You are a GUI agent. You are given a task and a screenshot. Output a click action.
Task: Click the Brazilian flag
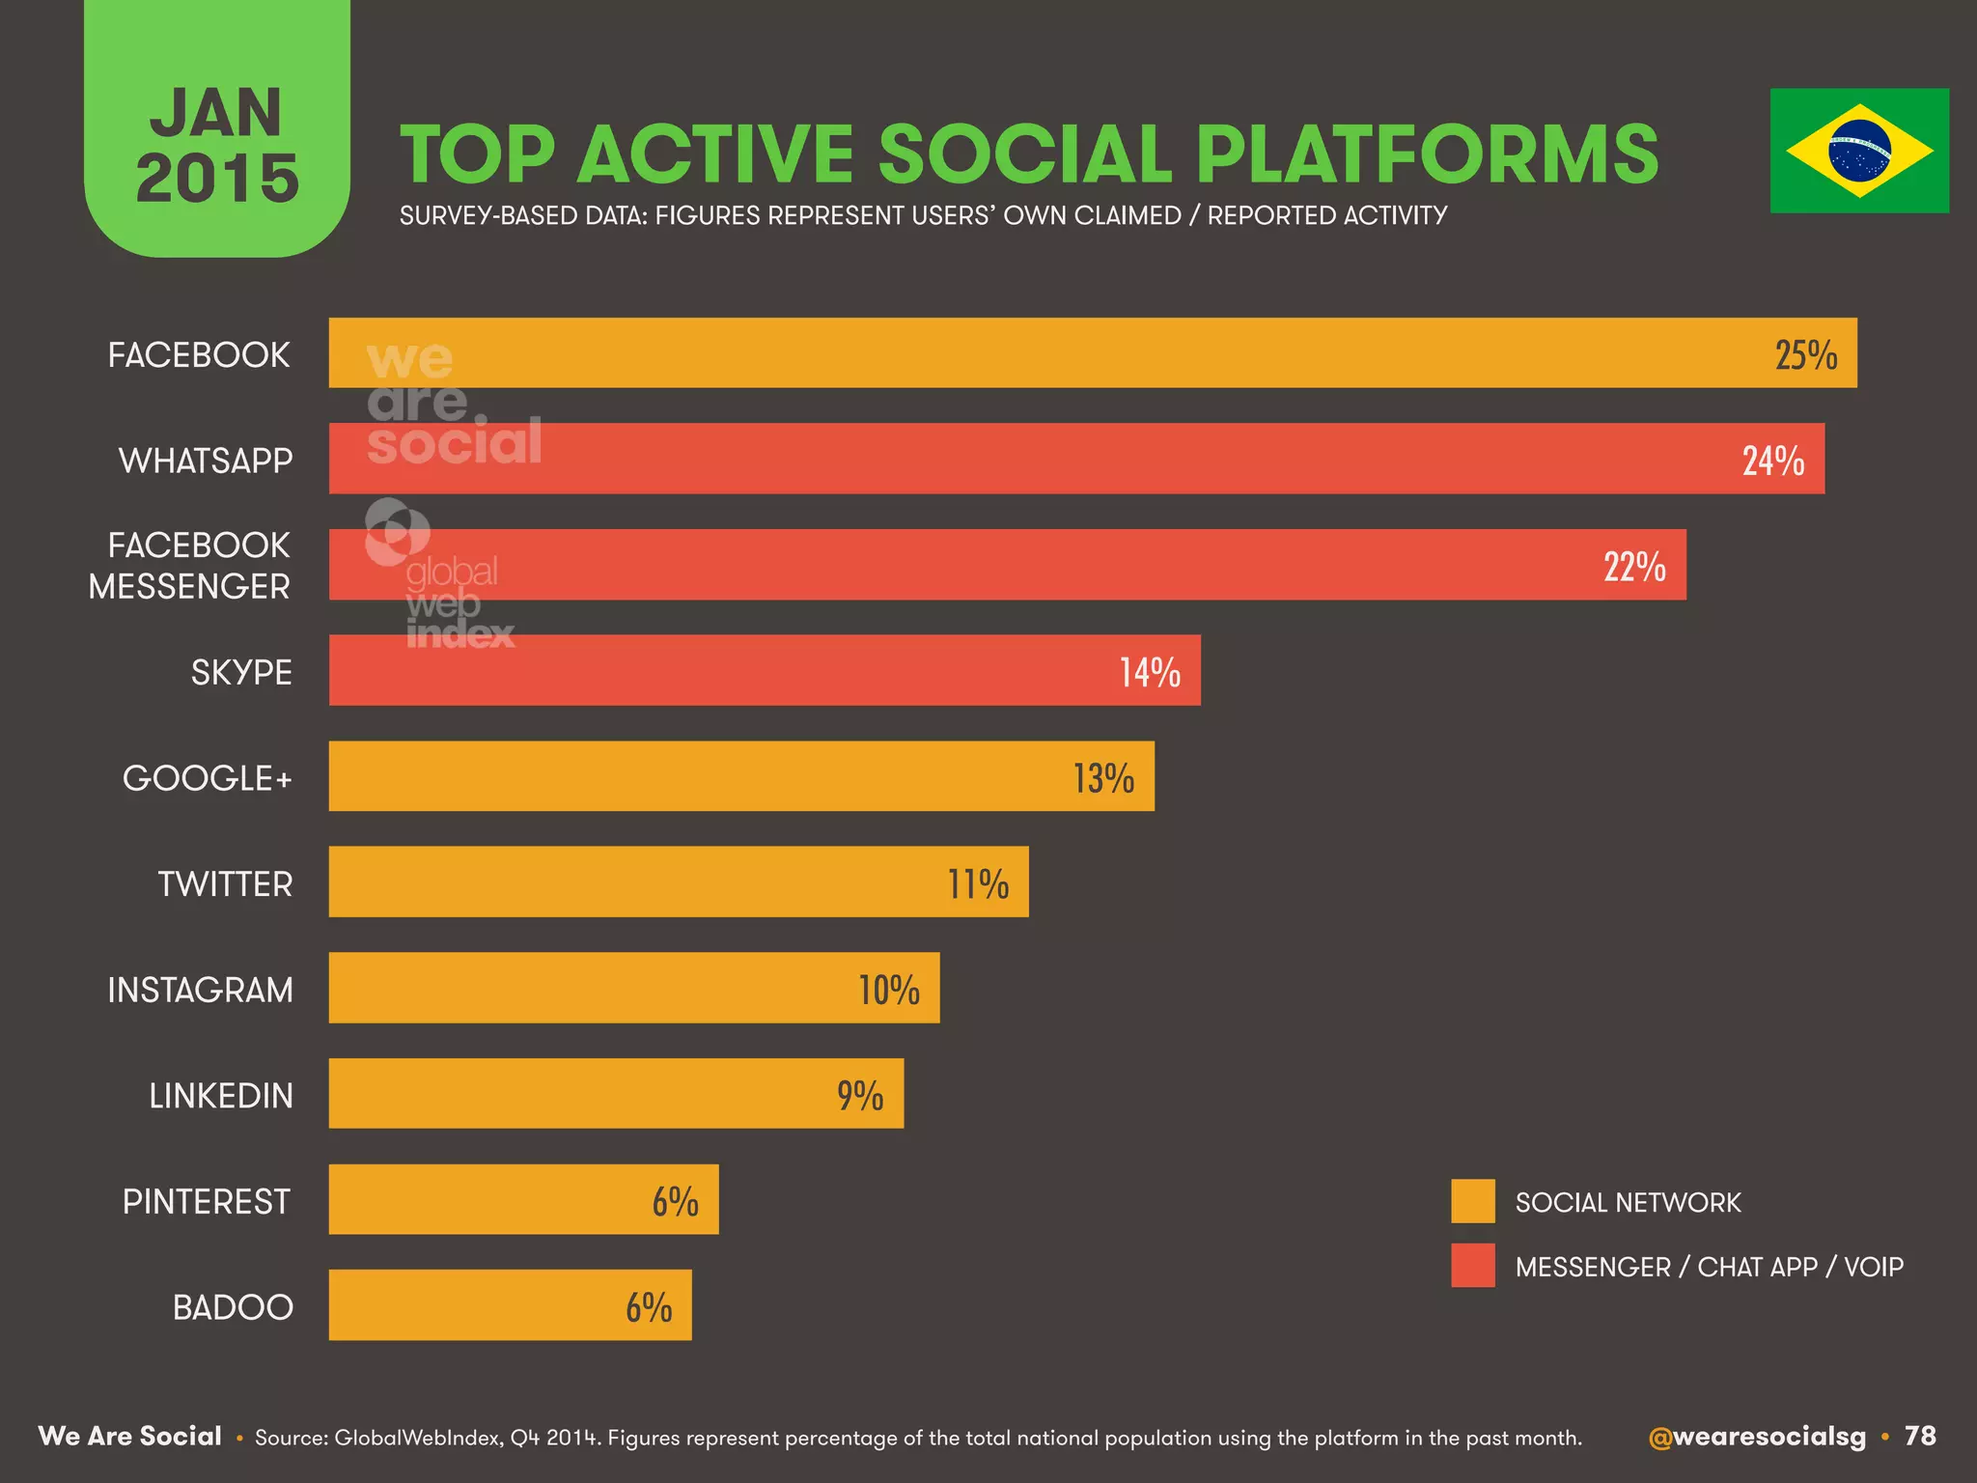1858,151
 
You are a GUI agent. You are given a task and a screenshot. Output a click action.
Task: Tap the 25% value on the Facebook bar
1805,355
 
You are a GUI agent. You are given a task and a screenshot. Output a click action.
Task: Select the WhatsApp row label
205,461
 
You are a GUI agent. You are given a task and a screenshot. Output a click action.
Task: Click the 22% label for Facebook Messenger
1634,567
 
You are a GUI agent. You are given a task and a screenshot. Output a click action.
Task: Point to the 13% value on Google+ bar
1103,778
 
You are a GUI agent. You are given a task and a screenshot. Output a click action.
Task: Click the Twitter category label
225,884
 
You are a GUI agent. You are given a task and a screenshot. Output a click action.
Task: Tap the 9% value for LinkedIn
859,1096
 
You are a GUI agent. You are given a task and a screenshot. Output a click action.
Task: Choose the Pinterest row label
206,1202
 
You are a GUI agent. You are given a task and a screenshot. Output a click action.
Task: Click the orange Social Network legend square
1472,1201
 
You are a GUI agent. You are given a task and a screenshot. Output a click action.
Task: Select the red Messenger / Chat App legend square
1472,1266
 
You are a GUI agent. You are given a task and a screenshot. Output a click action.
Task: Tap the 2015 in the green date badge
217,180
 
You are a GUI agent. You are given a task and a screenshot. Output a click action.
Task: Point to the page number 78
1920,1436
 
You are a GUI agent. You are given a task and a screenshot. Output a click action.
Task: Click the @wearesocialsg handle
1756,1437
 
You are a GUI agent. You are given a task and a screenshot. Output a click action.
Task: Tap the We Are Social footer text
129,1436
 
